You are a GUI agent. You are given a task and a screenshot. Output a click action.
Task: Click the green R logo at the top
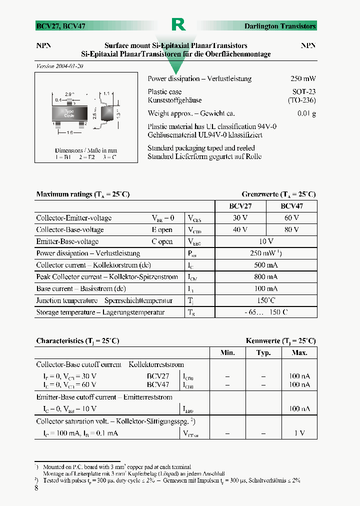(178, 24)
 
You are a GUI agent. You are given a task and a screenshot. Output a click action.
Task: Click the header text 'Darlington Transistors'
(280, 26)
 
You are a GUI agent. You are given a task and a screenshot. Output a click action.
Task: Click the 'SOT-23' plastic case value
(304, 92)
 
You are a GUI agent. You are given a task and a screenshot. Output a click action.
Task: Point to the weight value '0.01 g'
(306, 113)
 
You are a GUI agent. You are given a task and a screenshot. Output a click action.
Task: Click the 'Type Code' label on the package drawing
(69, 113)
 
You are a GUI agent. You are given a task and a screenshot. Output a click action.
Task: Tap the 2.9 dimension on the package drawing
(69, 93)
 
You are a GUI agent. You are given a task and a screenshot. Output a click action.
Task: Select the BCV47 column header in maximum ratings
(291, 205)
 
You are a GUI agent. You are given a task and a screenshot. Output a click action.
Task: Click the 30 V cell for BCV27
(240, 218)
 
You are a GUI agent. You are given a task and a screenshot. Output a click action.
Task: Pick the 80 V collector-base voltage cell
(291, 230)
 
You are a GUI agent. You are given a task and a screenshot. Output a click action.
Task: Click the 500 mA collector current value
(266, 265)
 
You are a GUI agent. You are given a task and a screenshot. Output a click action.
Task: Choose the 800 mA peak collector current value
(266, 277)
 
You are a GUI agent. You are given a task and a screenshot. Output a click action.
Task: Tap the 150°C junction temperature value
(266, 300)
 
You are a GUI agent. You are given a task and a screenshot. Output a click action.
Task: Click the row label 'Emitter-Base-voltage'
(67, 241)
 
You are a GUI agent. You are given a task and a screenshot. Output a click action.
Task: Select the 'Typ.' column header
(263, 353)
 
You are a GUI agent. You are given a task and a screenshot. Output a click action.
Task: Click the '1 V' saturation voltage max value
(299, 433)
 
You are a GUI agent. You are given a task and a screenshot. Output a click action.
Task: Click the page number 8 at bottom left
(36, 488)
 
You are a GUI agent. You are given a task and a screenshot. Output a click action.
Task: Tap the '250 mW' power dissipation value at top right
(303, 79)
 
